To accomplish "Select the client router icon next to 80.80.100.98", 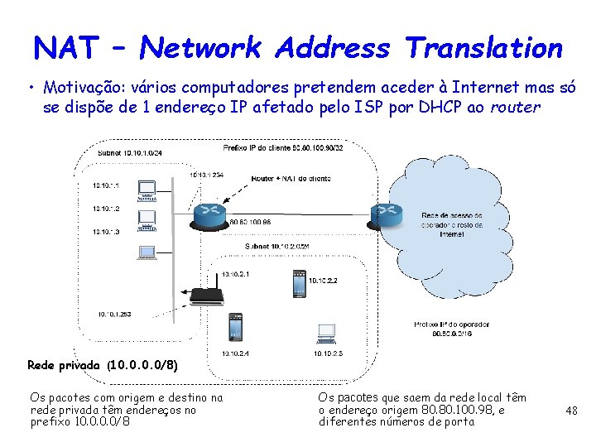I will pos(209,214).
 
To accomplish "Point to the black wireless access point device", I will pos(204,296).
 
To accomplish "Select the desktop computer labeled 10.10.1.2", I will pos(147,219).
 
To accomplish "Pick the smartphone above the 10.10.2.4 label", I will pos(236,328).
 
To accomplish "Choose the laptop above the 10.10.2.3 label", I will pos(326,334).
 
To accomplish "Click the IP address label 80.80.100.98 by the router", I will pos(250,223).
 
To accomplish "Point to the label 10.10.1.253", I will pos(114,314).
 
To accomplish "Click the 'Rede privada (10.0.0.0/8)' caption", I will pos(103,365).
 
